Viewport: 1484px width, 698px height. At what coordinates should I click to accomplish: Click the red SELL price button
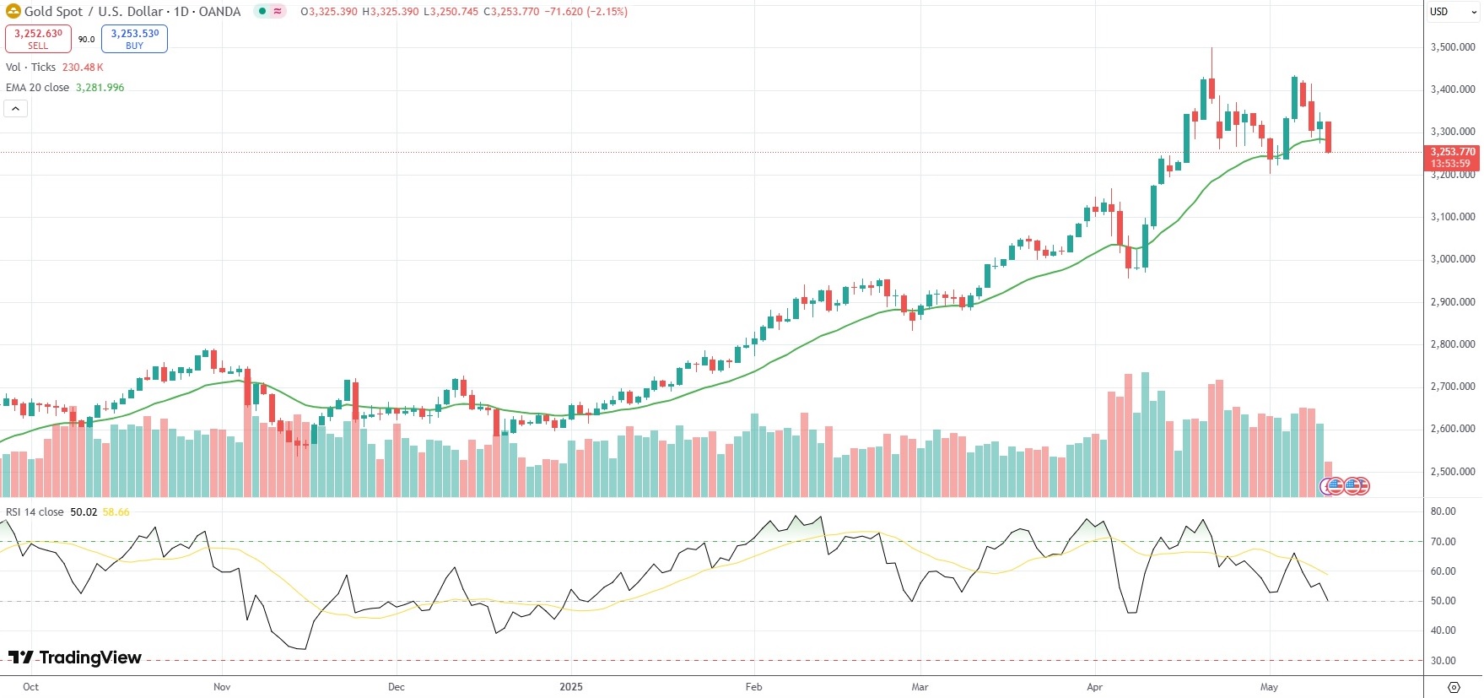click(38, 39)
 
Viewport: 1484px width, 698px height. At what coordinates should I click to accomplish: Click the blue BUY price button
click(134, 39)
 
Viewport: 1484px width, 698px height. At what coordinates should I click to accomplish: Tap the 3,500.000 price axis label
click(1453, 47)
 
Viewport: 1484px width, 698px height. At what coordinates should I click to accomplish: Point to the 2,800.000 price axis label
click(1453, 344)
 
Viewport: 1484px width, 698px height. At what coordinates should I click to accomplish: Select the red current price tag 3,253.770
click(1451, 157)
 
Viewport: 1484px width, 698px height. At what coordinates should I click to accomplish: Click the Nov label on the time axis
click(222, 687)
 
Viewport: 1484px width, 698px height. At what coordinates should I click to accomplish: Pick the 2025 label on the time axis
click(571, 687)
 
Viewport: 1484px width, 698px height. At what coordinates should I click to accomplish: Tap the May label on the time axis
click(1269, 687)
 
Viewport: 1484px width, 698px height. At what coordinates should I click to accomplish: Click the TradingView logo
click(75, 657)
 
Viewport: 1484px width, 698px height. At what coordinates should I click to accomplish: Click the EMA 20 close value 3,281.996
click(100, 88)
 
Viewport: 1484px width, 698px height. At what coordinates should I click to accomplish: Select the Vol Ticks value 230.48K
click(83, 68)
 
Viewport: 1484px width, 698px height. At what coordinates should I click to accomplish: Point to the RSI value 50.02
click(84, 512)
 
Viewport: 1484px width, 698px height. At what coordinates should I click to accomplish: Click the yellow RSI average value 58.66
click(116, 512)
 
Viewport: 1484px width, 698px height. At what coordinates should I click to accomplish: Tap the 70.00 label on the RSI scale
click(1443, 542)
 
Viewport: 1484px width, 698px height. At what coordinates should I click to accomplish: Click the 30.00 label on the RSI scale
click(1443, 661)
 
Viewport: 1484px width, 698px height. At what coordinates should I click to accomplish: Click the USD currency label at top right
click(1439, 12)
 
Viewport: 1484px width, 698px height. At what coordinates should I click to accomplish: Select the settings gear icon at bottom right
click(1454, 687)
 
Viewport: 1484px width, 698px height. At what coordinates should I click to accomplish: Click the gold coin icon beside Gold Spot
click(13, 12)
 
